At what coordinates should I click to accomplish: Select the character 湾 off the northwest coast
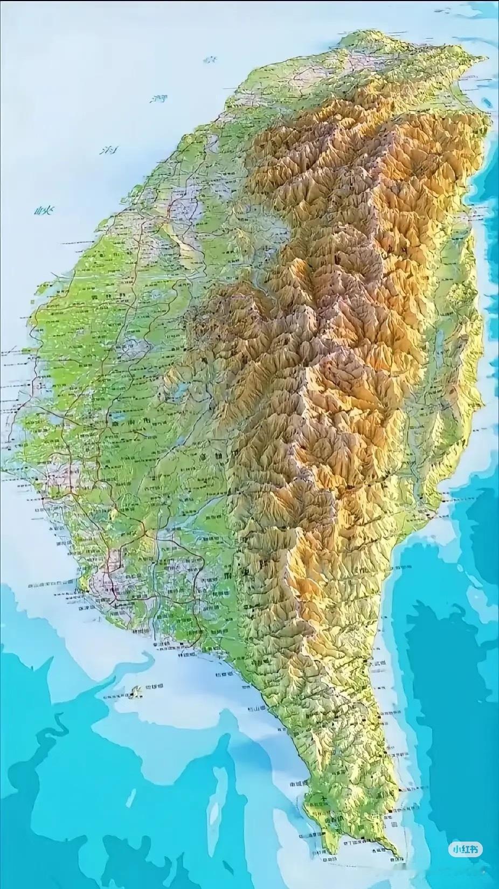click(160, 99)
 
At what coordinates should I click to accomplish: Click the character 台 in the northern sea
click(209, 60)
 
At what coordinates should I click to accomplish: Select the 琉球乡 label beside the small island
click(156, 687)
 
